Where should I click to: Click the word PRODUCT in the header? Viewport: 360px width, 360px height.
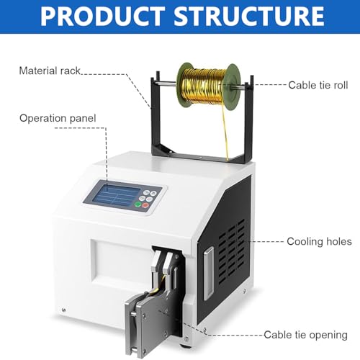click(x=102, y=16)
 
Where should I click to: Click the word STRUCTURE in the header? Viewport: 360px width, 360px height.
click(x=249, y=16)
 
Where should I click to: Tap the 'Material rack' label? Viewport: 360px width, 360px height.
click(x=50, y=71)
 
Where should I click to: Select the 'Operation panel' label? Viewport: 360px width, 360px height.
click(x=58, y=118)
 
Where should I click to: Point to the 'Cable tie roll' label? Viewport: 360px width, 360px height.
click(x=318, y=85)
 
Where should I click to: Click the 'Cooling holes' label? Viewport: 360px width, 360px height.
click(x=319, y=241)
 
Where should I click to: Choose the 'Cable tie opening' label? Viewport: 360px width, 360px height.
click(x=305, y=335)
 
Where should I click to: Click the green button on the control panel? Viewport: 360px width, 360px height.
click(x=138, y=204)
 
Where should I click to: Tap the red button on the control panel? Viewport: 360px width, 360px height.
click(x=145, y=205)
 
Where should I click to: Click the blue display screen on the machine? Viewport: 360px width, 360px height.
click(x=116, y=194)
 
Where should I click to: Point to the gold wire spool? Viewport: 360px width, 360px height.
click(x=208, y=86)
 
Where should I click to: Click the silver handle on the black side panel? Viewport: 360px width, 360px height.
click(x=208, y=273)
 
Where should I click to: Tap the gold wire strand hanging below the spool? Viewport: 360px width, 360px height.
click(x=225, y=135)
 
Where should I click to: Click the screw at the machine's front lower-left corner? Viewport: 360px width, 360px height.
click(x=63, y=310)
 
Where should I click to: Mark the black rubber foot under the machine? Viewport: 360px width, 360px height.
click(x=185, y=347)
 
